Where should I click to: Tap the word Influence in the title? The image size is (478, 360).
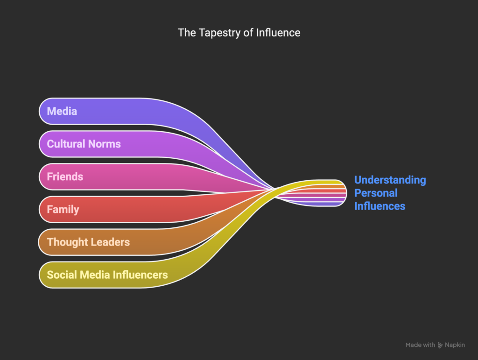point(278,32)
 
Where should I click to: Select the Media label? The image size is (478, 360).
point(62,111)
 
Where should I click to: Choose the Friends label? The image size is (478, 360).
point(65,176)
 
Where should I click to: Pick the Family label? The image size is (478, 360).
point(63,209)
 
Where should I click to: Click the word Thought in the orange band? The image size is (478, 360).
point(67,242)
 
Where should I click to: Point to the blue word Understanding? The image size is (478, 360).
point(390,180)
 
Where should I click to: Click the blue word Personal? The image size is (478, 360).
point(376,193)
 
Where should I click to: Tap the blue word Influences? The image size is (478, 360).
point(380,206)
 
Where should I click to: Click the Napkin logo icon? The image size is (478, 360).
point(440,345)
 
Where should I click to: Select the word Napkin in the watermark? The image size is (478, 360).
point(455,345)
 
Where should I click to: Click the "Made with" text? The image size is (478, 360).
point(420,345)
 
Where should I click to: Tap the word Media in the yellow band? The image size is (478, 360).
point(95,275)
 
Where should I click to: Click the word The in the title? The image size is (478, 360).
point(187,33)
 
